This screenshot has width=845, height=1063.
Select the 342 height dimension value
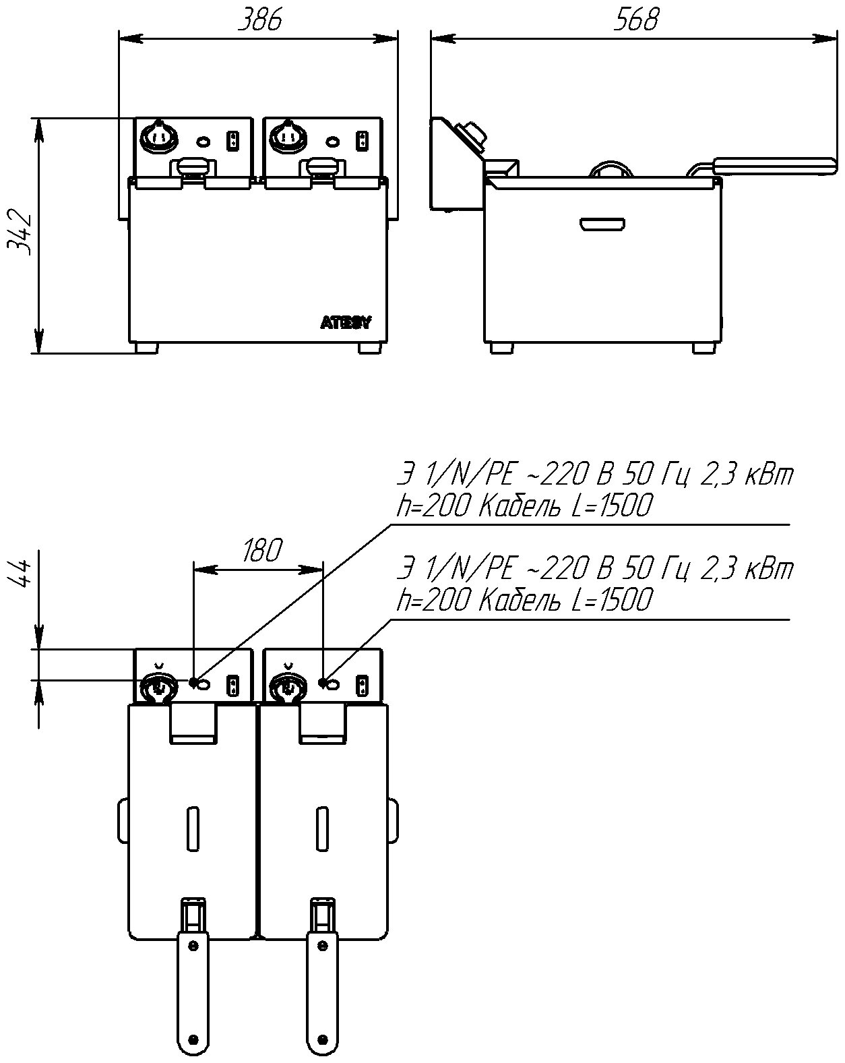pyautogui.click(x=20, y=233)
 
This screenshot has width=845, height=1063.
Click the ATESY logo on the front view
pyautogui.click(x=345, y=323)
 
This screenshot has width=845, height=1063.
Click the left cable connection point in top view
pyautogui.click(x=193, y=683)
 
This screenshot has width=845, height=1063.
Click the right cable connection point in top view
pyautogui.click(x=323, y=683)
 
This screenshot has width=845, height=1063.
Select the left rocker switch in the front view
pyautogui.click(x=233, y=141)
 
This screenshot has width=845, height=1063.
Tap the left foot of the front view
pyautogui.click(x=146, y=348)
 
